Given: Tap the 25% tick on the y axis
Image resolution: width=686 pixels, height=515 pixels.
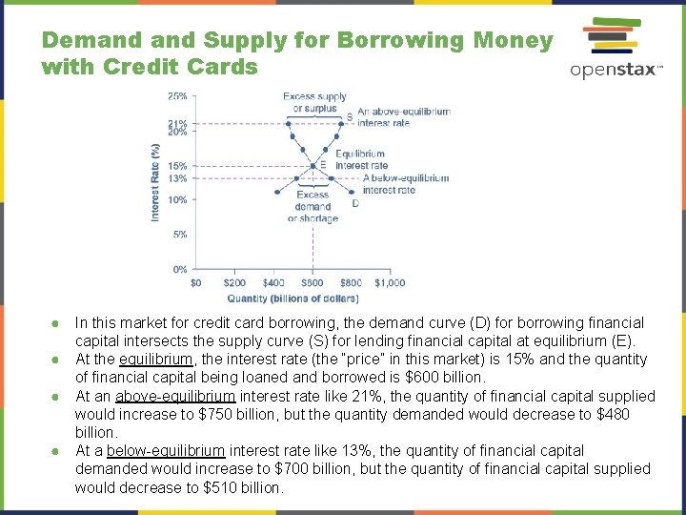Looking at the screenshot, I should [x=177, y=96].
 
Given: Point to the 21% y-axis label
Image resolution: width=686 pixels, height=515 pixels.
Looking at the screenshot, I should [x=177, y=123].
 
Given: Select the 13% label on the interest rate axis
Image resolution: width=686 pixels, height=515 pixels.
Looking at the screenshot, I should [x=177, y=178].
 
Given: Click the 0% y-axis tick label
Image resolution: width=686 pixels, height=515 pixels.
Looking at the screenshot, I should [x=179, y=270].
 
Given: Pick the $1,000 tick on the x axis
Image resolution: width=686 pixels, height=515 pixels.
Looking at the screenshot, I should [x=389, y=282].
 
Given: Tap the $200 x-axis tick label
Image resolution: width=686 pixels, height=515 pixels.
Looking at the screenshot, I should [x=234, y=282].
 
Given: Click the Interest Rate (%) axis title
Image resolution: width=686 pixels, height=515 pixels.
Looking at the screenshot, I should [x=155, y=183].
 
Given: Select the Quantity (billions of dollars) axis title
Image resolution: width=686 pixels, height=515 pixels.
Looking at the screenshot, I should [x=293, y=298].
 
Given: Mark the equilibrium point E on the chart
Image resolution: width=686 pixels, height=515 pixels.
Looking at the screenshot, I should [x=312, y=166].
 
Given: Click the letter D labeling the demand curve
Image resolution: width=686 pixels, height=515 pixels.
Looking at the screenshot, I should [x=355, y=202].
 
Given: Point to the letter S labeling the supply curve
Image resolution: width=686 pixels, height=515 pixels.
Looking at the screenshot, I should [x=349, y=117].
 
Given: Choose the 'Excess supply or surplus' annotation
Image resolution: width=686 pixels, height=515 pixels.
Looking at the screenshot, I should [x=313, y=102].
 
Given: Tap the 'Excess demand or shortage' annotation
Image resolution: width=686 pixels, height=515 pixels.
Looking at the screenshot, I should [x=313, y=207].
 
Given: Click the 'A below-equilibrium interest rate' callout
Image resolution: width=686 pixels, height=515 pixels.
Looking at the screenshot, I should [x=405, y=183].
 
